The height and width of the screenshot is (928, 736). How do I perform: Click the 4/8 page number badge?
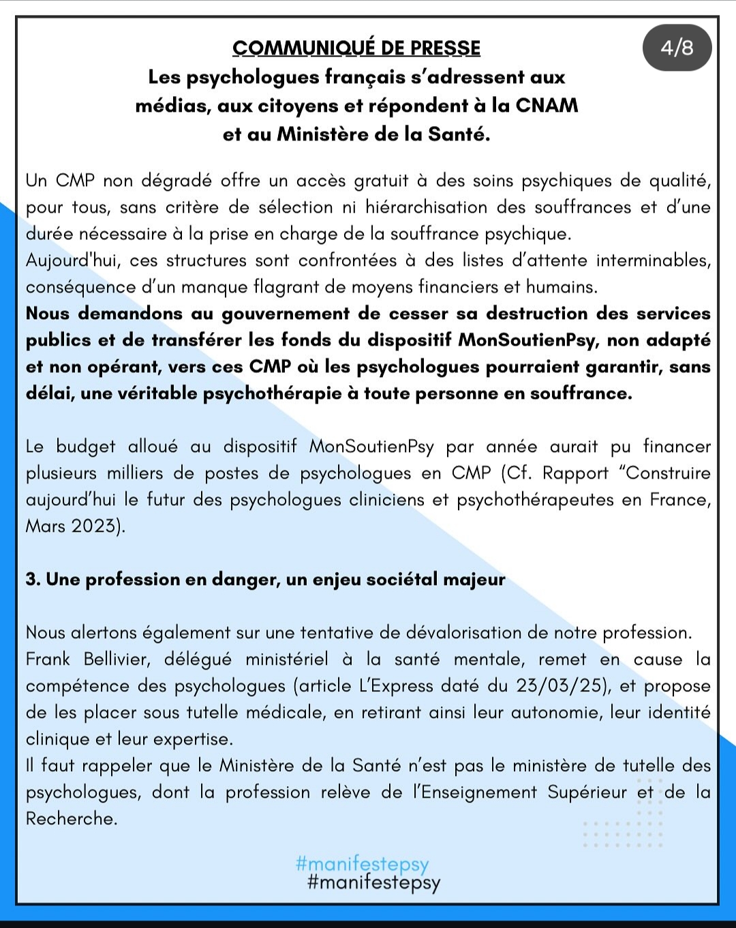coord(677,48)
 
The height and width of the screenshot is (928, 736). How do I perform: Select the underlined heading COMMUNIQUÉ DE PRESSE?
coord(356,48)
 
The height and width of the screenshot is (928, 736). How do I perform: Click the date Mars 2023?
coord(75,526)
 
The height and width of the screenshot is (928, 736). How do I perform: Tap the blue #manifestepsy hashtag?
coord(363,865)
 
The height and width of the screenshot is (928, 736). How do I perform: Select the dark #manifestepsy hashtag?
coord(374,882)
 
